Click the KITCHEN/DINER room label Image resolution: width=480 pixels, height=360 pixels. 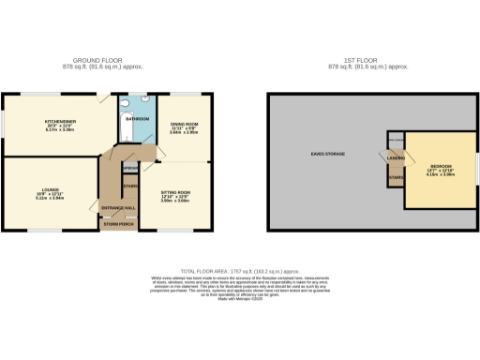click(x=58, y=121)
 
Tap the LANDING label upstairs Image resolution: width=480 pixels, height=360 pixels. click(x=395, y=157)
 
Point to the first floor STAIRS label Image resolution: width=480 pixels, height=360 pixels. click(x=395, y=176)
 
